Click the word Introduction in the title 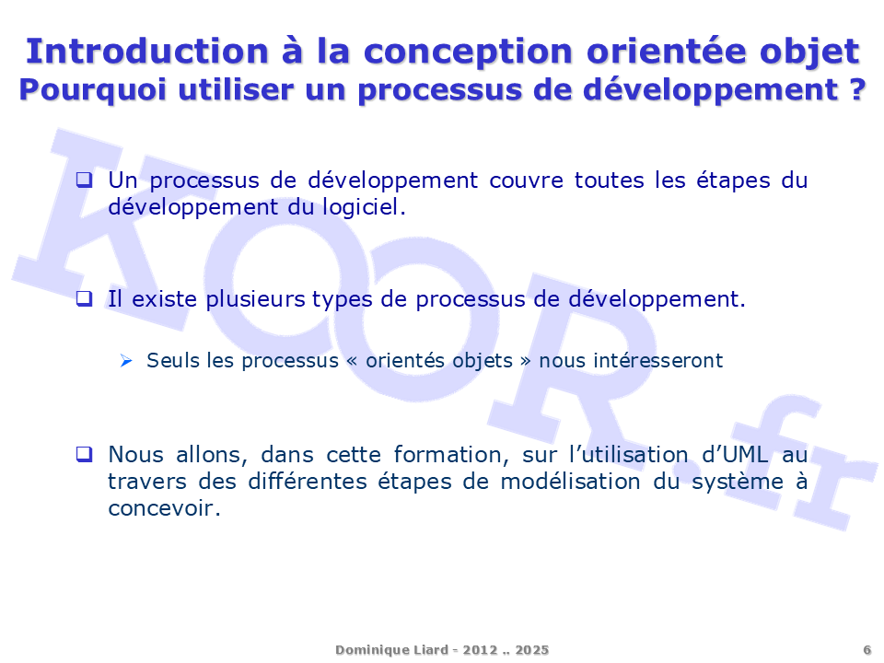(147, 52)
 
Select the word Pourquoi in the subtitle (93, 91)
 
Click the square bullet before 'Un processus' (84, 180)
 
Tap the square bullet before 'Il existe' (84, 298)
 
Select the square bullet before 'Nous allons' (84, 454)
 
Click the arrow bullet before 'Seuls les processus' (126, 361)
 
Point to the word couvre (526, 181)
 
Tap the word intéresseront (630, 360)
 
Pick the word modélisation (570, 482)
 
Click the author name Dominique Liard (392, 650)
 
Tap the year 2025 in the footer (531, 650)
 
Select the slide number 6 (867, 650)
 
